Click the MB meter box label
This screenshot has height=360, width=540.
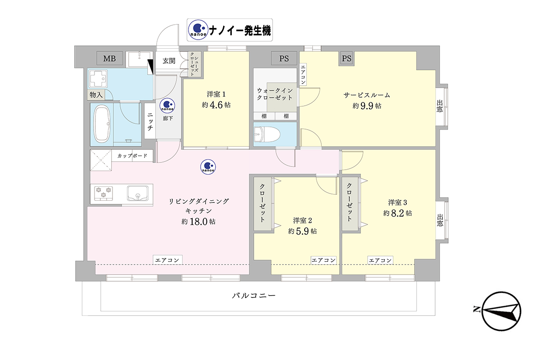point(109,58)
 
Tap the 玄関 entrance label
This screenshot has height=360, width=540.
point(169,61)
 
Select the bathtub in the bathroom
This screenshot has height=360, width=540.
point(102,124)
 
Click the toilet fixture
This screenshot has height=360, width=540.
point(267,134)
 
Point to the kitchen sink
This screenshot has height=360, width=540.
point(138,193)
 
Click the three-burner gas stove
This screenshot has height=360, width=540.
point(103,193)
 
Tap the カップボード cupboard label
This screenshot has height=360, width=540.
point(132,156)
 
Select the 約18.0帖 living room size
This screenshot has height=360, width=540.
point(198,221)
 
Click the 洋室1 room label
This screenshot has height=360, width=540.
point(216,94)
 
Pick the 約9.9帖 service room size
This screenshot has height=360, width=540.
point(367,106)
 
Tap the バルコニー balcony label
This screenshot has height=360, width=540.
point(254,296)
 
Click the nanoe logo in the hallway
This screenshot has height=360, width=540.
point(167,106)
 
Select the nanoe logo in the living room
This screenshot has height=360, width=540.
point(208,166)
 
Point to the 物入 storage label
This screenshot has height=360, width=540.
point(96,95)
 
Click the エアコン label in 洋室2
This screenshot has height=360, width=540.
point(324,260)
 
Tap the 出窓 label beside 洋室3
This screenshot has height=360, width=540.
point(440,220)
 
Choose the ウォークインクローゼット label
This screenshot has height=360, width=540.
point(275,94)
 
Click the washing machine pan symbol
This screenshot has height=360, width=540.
point(98,79)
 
